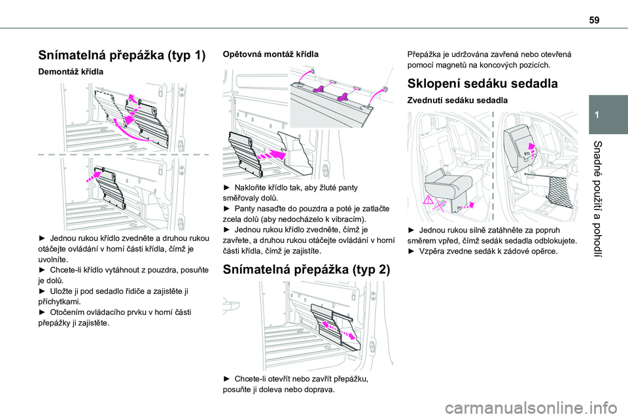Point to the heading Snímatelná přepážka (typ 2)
302,268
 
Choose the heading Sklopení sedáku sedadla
482,84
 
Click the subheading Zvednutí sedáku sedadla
458,100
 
